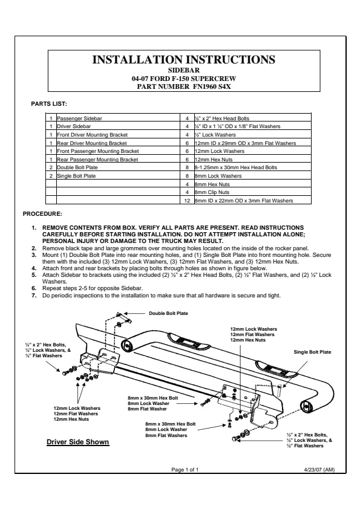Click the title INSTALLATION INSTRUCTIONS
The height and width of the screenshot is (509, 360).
click(x=183, y=60)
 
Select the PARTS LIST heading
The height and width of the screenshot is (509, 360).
click(x=49, y=104)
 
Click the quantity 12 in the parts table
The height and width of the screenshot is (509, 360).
click(x=187, y=201)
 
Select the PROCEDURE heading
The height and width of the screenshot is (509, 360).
click(x=42, y=214)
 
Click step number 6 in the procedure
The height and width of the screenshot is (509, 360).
click(x=34, y=288)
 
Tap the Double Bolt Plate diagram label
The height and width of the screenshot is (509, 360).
click(x=168, y=313)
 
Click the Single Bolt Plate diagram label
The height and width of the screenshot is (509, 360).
click(x=312, y=352)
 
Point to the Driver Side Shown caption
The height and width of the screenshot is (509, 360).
click(x=78, y=442)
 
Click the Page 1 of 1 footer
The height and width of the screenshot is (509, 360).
click(x=185, y=469)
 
